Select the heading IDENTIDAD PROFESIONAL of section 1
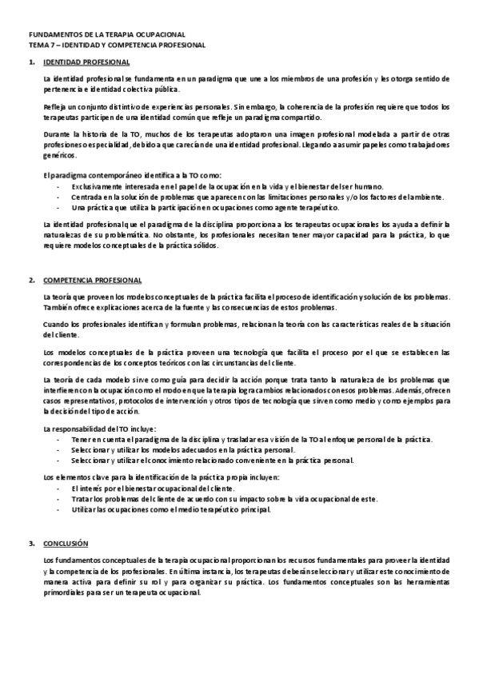coord(86,62)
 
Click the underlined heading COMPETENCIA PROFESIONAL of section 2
coord(92,281)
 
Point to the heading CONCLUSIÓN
coord(66,544)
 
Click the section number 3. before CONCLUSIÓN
coord(32,544)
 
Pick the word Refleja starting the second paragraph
coord(55,106)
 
